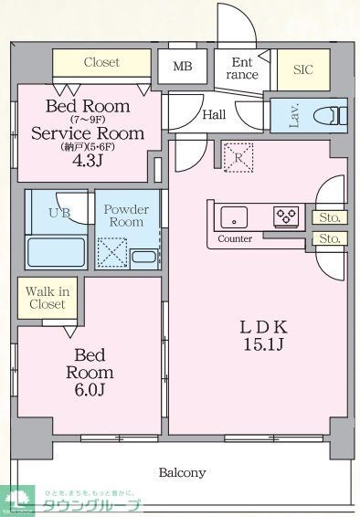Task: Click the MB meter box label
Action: click(x=183, y=67)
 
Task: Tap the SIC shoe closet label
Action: click(x=302, y=69)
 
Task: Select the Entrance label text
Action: click(x=243, y=69)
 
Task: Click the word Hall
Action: click(x=214, y=115)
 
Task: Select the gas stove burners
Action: click(x=286, y=216)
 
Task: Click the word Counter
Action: click(x=235, y=238)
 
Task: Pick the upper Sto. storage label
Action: click(x=329, y=217)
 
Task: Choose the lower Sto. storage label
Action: click(x=329, y=238)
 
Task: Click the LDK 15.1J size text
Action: click(x=265, y=335)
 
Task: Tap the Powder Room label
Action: click(x=127, y=216)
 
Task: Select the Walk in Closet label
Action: click(x=46, y=298)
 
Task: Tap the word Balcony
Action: click(x=182, y=473)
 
